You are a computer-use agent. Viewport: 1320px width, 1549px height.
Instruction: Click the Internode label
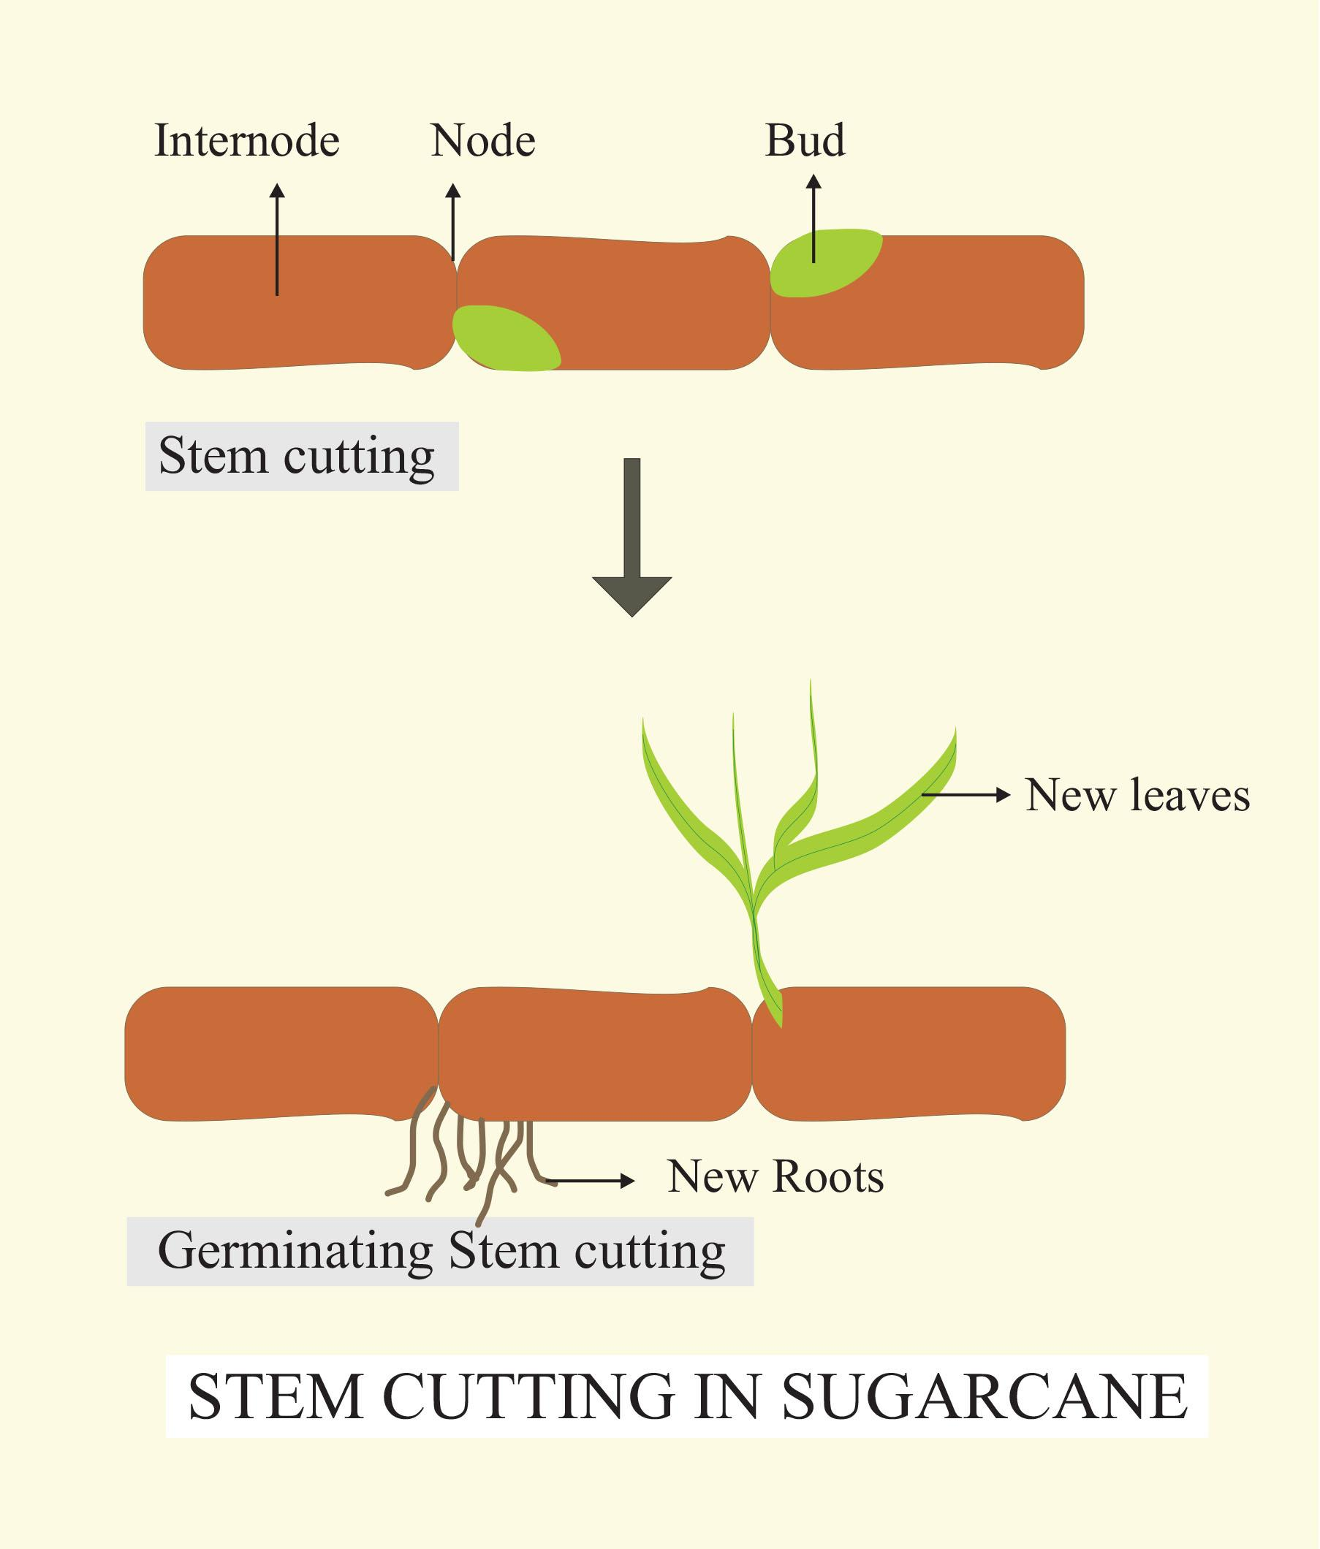coord(247,140)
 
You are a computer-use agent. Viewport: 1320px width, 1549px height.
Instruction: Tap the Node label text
coord(483,140)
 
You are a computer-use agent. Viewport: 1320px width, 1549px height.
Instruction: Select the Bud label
coord(805,140)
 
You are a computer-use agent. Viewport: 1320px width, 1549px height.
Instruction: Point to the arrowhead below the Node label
coord(452,191)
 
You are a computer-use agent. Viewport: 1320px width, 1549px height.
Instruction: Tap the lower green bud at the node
coord(506,338)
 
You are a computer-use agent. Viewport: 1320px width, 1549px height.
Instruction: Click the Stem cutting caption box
coord(300,456)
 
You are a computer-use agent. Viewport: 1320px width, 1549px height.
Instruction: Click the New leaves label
coord(1137,795)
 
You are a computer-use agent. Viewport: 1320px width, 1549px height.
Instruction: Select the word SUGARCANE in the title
coord(985,1396)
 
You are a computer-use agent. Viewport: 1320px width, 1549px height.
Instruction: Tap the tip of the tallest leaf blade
coord(811,682)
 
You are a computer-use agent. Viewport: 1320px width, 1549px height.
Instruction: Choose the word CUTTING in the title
coord(528,1396)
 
